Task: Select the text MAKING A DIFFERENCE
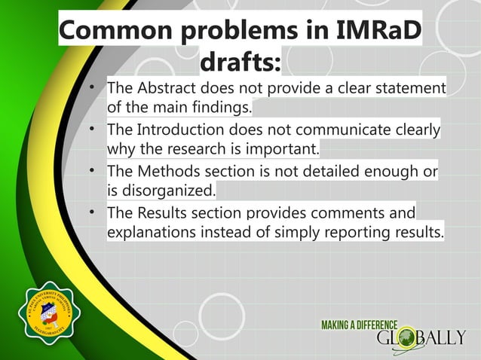[x=360, y=324]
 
